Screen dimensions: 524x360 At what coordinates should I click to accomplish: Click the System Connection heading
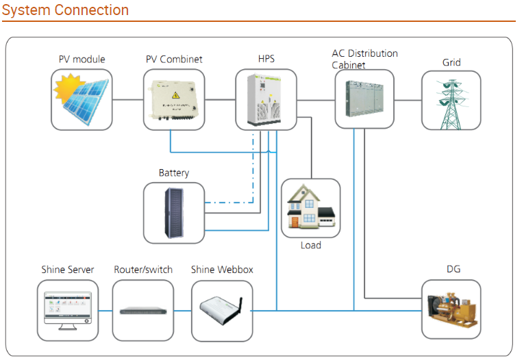click(65, 10)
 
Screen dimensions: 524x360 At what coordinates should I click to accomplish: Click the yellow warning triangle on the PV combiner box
click(175, 96)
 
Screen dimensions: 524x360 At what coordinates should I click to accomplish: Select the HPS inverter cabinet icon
click(264, 99)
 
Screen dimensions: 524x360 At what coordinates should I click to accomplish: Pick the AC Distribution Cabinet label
click(364, 59)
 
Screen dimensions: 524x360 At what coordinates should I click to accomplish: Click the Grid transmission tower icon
click(451, 105)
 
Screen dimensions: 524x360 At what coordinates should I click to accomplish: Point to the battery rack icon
click(174, 213)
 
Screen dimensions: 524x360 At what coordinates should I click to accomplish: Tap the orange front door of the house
click(295, 222)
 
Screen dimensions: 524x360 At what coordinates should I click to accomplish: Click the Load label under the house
click(311, 245)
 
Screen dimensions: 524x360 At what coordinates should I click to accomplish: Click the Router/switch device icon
click(143, 311)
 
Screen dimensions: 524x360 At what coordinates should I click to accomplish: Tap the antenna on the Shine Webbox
click(240, 305)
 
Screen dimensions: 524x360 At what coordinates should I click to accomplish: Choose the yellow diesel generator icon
click(451, 309)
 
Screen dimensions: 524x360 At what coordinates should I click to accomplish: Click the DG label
click(453, 269)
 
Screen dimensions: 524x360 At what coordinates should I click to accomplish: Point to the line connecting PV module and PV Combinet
click(127, 99)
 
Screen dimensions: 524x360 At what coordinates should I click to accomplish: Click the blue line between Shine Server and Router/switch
click(105, 311)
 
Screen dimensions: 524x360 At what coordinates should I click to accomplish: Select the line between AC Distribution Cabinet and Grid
click(408, 100)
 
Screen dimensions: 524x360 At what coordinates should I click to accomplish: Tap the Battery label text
click(174, 172)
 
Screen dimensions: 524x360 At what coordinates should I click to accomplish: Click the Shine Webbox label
click(222, 270)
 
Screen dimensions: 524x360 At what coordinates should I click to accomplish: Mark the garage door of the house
click(327, 222)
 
